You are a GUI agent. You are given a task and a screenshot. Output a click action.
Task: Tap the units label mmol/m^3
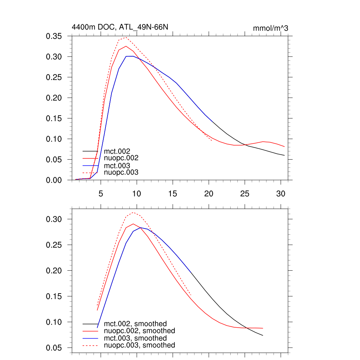(270, 28)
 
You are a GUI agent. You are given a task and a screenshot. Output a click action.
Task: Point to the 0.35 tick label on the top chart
(54, 36)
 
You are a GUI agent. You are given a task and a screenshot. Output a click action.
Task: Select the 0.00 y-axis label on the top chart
(54, 180)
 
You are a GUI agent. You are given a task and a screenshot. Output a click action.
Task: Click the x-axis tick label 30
(280, 194)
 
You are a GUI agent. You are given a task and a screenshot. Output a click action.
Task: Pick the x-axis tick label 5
(101, 194)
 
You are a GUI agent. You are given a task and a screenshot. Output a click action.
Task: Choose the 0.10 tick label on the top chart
(54, 139)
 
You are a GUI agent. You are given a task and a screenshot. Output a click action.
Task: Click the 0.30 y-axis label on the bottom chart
(54, 219)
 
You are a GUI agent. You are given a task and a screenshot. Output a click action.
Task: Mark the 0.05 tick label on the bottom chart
(54, 348)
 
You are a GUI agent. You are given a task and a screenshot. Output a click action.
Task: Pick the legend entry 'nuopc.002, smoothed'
(140, 331)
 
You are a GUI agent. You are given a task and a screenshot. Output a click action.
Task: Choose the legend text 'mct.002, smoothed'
(135, 323)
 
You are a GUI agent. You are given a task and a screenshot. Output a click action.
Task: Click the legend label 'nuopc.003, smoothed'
(140, 345)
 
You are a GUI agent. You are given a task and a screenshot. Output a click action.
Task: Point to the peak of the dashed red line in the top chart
(126, 37)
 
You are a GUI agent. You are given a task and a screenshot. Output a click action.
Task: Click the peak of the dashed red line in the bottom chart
(133, 212)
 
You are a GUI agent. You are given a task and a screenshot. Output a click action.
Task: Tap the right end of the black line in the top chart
(284, 155)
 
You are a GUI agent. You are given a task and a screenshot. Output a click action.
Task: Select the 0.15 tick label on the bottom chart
(54, 296)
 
